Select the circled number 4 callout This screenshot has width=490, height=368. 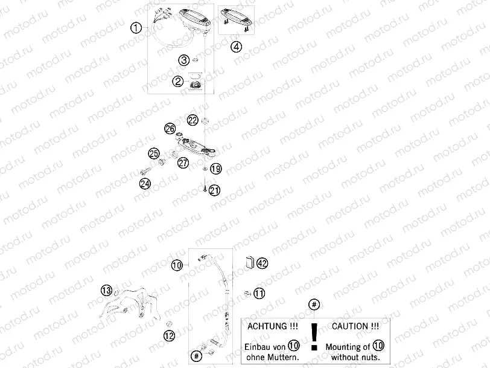[236, 47]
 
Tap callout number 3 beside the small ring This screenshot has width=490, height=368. [183, 60]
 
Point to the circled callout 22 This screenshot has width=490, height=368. [192, 120]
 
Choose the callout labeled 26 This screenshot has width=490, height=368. [170, 129]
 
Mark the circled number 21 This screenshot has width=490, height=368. [215, 190]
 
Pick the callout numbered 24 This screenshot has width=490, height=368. [145, 184]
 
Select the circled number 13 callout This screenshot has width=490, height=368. [106, 291]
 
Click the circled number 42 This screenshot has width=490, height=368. [261, 263]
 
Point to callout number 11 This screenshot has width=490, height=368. [259, 294]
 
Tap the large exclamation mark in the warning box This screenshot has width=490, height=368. [313, 336]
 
